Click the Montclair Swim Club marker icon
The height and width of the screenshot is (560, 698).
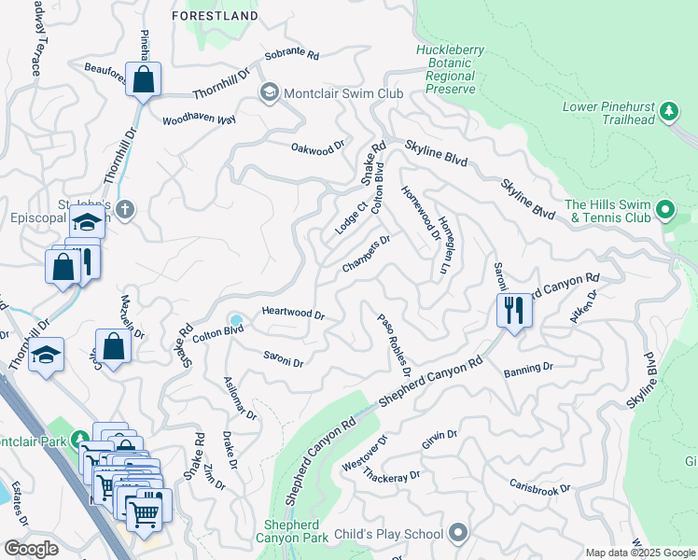(x=270, y=92)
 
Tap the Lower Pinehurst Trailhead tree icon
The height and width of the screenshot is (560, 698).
(x=668, y=113)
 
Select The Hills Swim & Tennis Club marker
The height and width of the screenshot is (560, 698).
(x=664, y=210)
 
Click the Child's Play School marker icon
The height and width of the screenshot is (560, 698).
(x=457, y=534)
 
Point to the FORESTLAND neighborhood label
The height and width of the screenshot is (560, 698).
(x=216, y=16)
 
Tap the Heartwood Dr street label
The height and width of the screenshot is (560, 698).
(x=292, y=315)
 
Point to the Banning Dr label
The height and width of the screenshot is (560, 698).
(x=529, y=371)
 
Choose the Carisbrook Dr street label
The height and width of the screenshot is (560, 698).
(x=539, y=487)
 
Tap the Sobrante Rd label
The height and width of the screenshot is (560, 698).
(x=291, y=56)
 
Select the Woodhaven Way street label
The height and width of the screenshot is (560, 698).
(x=198, y=120)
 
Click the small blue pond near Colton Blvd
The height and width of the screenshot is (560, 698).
(x=236, y=321)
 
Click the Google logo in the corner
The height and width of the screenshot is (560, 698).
(x=31, y=549)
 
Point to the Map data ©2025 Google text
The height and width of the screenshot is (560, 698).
(x=639, y=553)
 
